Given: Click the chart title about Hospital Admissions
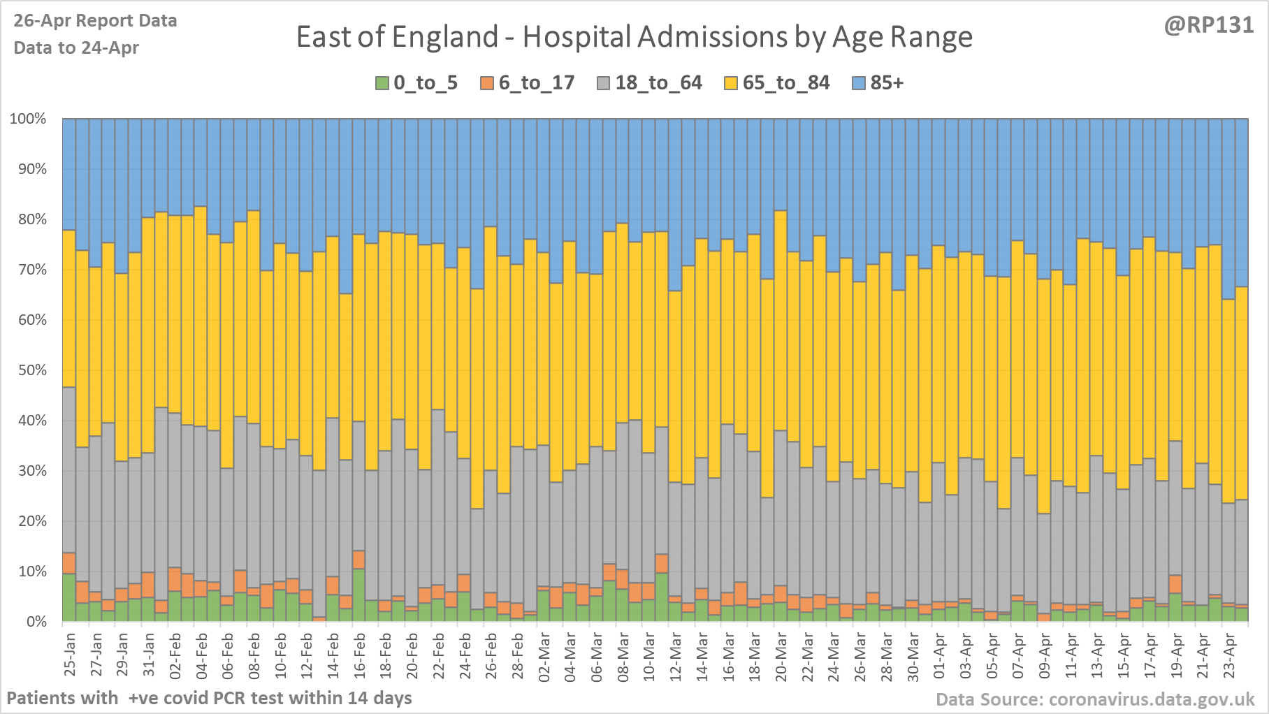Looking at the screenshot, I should click(634, 37).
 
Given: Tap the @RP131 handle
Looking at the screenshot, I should click(1208, 25).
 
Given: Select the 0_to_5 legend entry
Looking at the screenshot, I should click(416, 83).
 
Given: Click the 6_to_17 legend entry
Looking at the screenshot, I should click(528, 83).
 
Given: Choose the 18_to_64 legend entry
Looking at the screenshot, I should click(649, 83).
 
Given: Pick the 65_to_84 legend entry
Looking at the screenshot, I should click(777, 83).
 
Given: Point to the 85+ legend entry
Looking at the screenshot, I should click(878, 83).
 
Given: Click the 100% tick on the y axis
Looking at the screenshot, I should click(28, 119).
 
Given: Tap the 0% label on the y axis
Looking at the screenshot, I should click(35, 622).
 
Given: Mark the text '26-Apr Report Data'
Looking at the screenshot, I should click(95, 21).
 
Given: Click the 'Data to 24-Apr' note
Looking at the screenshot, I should click(76, 48).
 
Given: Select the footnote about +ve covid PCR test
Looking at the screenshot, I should click(209, 698).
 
